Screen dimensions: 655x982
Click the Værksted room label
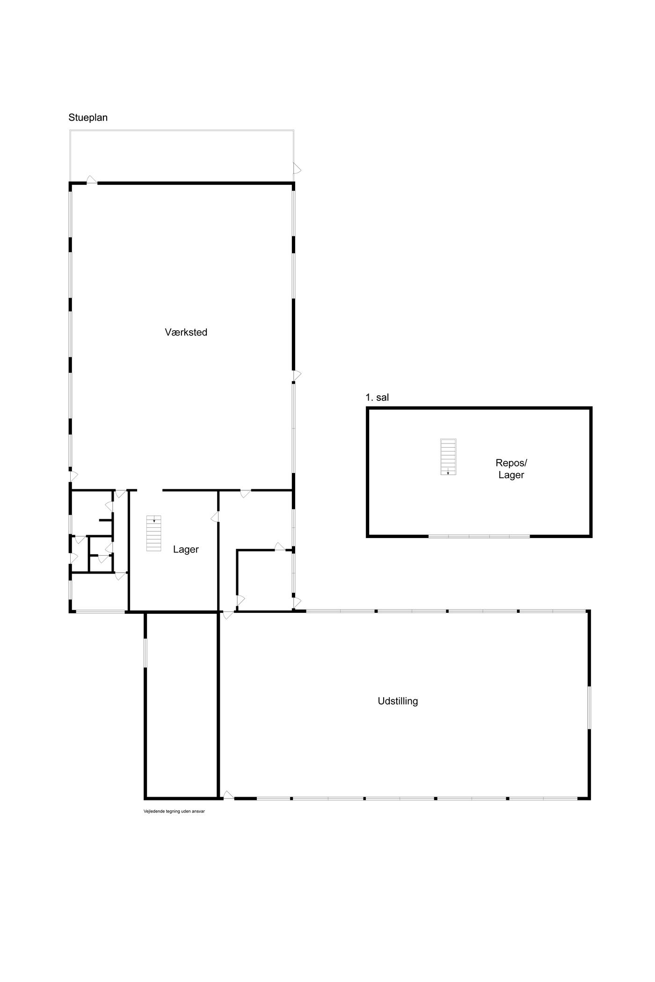point(186,332)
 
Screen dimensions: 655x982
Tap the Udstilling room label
point(398,701)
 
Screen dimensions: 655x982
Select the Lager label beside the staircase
point(186,550)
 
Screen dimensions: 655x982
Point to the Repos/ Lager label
point(511,469)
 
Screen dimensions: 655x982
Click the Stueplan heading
point(88,117)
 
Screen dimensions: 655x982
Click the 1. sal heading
point(377,398)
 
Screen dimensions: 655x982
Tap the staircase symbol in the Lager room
point(153,533)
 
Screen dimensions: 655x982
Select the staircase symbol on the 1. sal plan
point(448,457)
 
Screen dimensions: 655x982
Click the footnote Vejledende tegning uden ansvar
point(174,811)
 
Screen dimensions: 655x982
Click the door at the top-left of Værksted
point(92,180)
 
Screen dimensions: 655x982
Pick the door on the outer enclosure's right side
point(297,168)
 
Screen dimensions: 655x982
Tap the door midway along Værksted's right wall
point(297,375)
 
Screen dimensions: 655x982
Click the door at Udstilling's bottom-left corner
point(227,795)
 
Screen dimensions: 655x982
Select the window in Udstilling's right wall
point(589,707)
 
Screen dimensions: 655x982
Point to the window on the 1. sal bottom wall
point(479,536)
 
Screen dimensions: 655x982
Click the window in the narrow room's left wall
point(146,653)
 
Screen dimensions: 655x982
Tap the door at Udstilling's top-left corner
point(227,615)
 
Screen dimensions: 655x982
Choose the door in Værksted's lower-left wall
point(73,475)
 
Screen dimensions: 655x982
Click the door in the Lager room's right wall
point(215,517)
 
